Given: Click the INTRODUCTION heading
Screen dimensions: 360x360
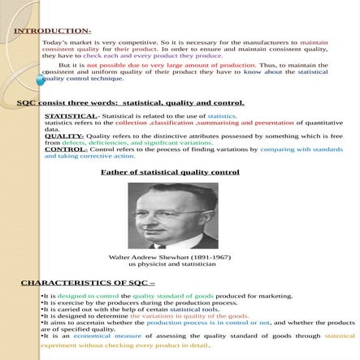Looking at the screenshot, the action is pos(52,31).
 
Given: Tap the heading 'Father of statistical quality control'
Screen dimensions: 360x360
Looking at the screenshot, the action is pos(170,172).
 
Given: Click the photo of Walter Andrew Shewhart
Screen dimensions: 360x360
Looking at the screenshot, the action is pos(172,215).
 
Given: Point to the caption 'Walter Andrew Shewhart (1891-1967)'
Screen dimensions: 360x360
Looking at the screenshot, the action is pos(170,257).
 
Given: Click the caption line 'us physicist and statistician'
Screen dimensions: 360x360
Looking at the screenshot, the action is pos(171,263).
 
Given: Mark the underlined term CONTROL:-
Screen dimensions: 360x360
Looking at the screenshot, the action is pos(66,150).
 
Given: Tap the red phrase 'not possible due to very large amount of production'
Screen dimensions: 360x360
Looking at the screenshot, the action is pos(171,64).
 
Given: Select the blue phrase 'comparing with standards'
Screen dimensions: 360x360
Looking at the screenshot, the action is pos(301,150).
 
